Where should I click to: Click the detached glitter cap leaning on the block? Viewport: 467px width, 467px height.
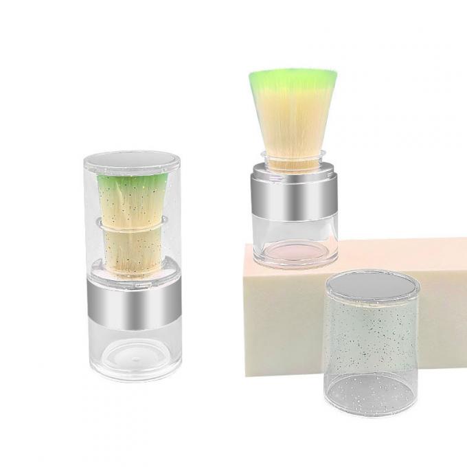pyautogui.click(x=370, y=343)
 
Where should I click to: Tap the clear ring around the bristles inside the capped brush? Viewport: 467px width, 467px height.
pyautogui.click(x=134, y=225)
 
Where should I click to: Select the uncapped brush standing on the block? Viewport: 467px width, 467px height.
pyautogui.click(x=294, y=172)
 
